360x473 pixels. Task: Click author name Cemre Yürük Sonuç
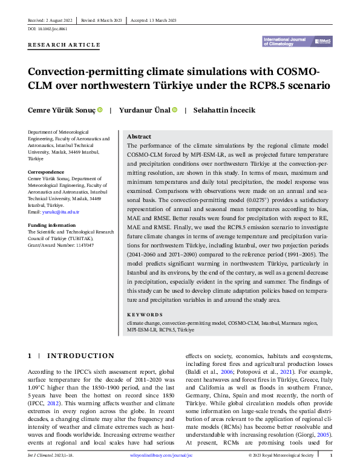[62, 110]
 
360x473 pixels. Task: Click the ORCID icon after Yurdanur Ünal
[174, 109]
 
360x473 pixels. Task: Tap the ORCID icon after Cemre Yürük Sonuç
[100, 109]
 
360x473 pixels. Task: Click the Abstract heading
[139, 137]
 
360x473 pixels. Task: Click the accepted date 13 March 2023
[165, 20]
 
